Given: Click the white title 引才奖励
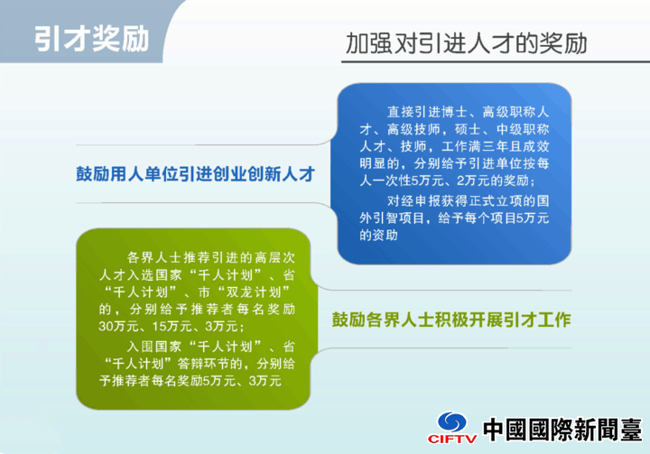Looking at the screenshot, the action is coord(91,40).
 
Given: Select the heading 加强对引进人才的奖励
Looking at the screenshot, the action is coord(467,43).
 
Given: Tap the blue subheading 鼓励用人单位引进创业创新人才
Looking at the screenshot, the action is coord(196,174).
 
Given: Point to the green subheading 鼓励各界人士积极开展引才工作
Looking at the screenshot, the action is coord(451,320).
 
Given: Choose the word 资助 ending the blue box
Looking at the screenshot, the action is coord(385,235).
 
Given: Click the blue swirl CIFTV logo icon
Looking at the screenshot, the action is coord(452,422).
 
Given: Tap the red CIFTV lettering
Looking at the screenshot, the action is coord(452,439).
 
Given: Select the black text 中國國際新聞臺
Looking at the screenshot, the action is coord(562,430).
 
